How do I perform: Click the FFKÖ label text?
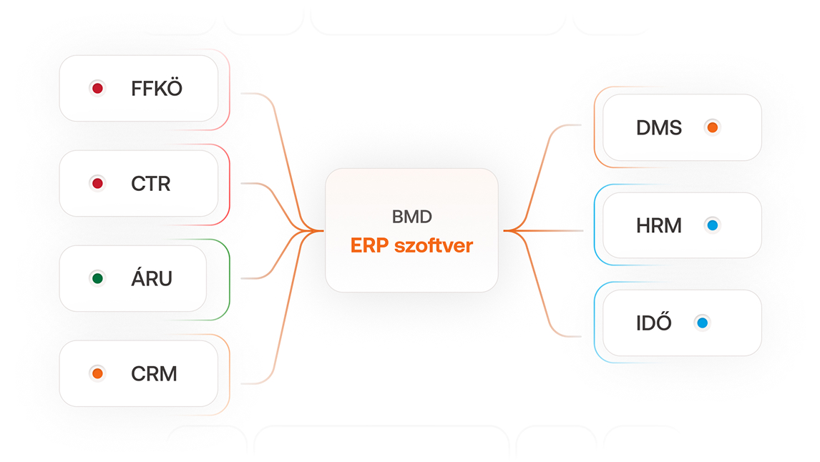tap(157, 89)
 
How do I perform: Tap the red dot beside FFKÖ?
tap(97, 89)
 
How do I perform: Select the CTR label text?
tap(151, 184)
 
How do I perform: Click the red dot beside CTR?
tap(97, 184)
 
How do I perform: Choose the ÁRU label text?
tap(152, 278)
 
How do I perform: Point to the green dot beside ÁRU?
tap(97, 278)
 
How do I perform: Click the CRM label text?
tap(154, 373)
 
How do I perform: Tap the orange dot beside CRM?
tap(97, 373)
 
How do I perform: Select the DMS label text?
tap(658, 128)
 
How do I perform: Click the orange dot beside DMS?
tap(711, 128)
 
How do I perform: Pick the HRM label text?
tap(658, 226)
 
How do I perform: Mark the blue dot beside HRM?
tap(711, 226)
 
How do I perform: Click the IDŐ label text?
tap(653, 323)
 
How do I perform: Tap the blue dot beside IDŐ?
tap(702, 323)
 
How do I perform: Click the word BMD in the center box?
tap(411, 216)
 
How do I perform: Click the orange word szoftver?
tap(432, 245)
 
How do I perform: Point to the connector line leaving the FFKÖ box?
tap(258, 94)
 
